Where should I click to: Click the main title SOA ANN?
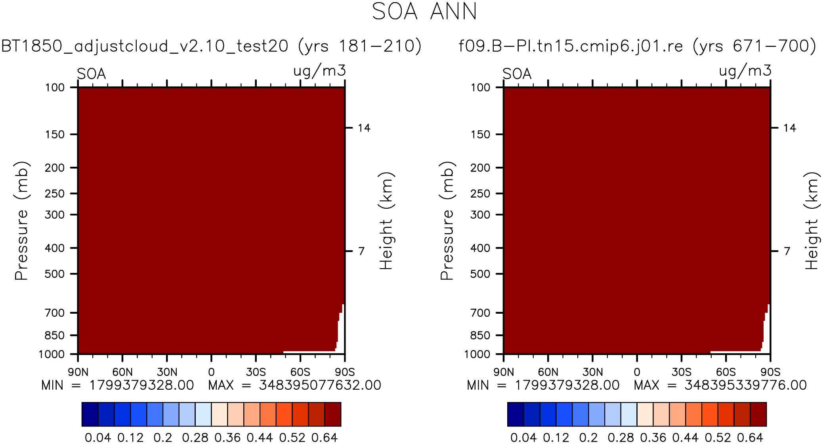pos(424,12)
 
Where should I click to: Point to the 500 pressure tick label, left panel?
pos(55,274)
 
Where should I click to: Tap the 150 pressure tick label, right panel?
pos(480,135)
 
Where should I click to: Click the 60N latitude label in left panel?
pos(122,372)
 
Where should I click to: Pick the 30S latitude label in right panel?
pos(681,372)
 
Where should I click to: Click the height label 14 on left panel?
pos(364,128)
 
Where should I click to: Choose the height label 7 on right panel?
pos(787,251)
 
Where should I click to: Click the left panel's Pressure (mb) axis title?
pos(22,221)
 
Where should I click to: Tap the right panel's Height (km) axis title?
pos(812,221)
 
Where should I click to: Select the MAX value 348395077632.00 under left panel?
pos(320,385)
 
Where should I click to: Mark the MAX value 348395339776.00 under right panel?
pos(745,385)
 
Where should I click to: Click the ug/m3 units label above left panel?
pos(319,71)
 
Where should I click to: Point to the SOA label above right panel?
pos(517,74)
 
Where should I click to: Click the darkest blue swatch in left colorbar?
pos(90,414)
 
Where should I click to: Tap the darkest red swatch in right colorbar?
pos(758,414)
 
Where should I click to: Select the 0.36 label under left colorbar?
pos(227,438)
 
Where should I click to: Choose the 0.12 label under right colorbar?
pos(556,438)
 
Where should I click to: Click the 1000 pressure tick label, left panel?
pos(52,354)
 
